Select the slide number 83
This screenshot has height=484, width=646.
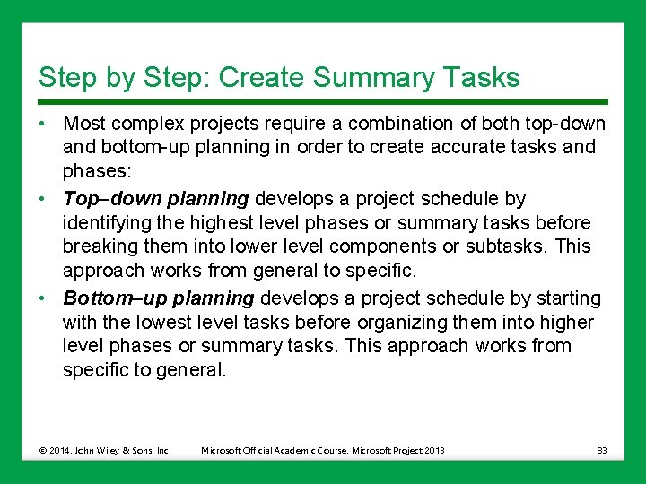click(x=601, y=450)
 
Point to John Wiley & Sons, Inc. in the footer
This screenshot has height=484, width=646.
click(x=126, y=450)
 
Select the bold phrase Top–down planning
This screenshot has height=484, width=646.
click(x=155, y=198)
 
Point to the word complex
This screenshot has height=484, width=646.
click(x=146, y=124)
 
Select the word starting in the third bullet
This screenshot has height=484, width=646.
click(x=568, y=298)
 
